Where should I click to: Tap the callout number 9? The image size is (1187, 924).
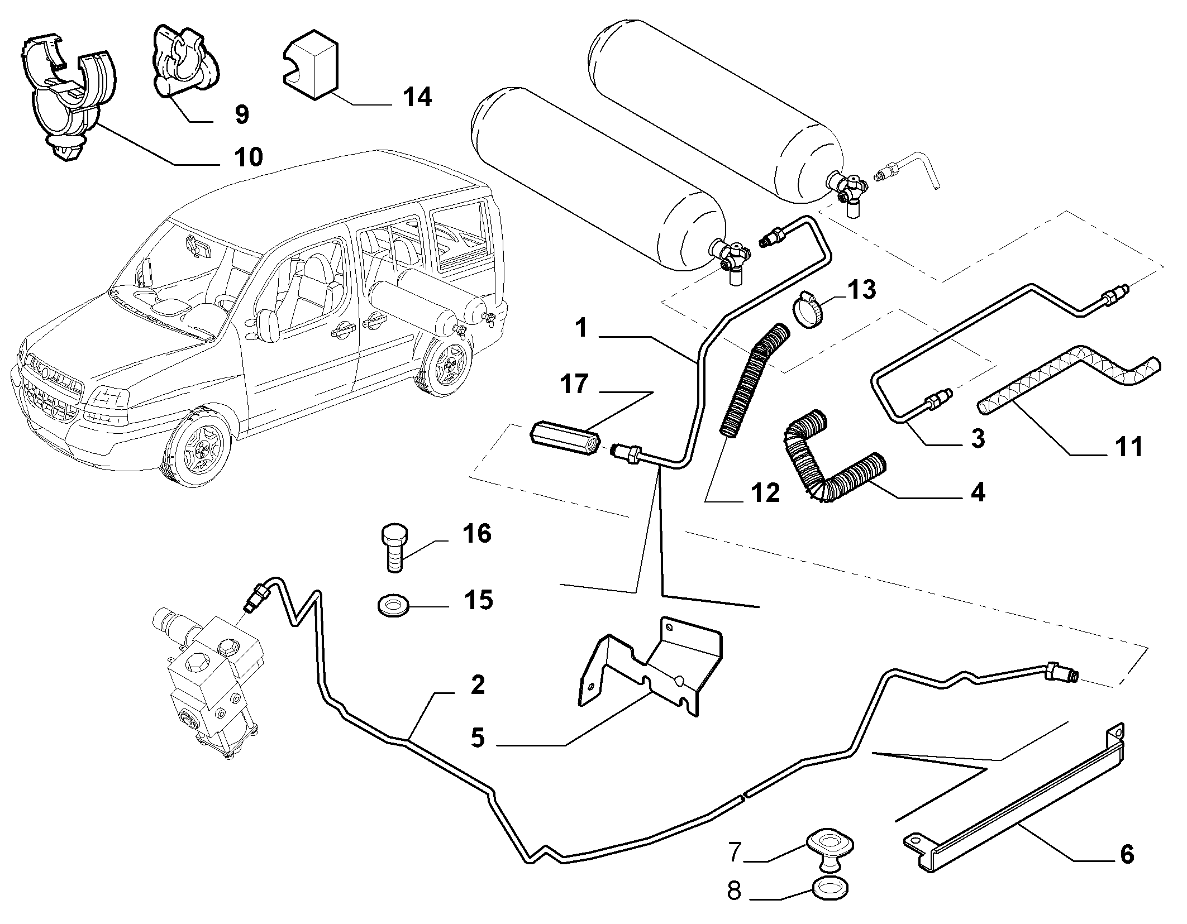coord(241,114)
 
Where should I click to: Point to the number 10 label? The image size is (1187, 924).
coord(249,157)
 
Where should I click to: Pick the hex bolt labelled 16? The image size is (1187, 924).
coord(395,548)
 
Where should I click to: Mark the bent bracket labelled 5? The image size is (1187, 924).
coord(651,667)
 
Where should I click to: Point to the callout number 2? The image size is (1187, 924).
coord(478,685)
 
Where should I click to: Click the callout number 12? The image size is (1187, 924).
coord(765,492)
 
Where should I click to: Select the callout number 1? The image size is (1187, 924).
coord(581,328)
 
